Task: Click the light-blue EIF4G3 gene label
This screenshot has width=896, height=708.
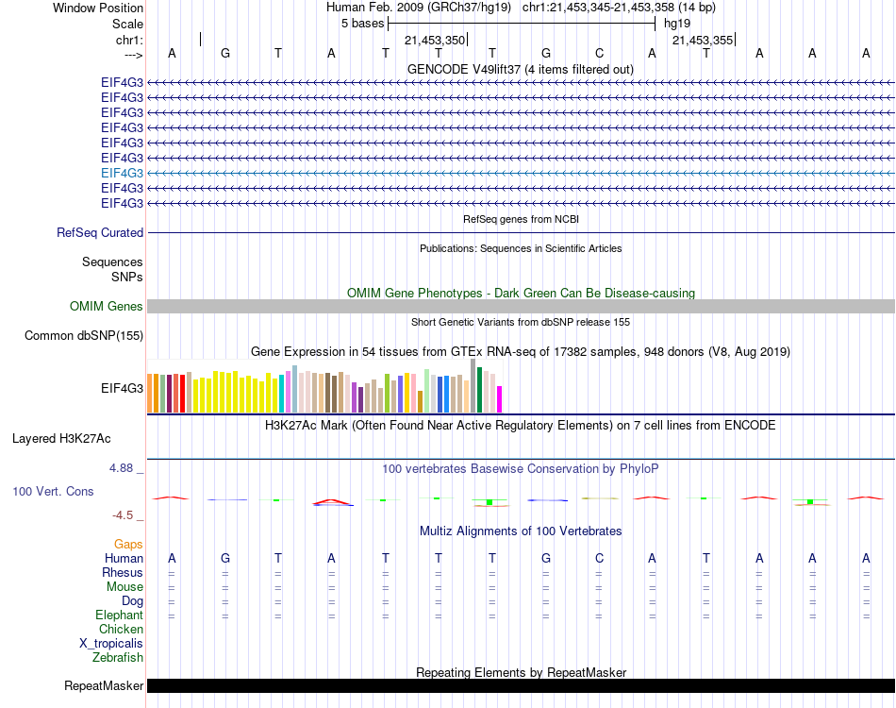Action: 122,173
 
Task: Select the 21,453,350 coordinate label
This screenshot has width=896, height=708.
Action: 435,41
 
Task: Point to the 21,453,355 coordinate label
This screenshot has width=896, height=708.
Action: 702,41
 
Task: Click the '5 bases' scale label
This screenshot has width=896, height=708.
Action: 362,24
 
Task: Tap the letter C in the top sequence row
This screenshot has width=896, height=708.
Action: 599,53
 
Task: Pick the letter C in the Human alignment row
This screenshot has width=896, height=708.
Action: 599,558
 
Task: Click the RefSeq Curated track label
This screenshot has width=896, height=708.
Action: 100,232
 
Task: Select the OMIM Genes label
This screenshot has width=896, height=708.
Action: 107,306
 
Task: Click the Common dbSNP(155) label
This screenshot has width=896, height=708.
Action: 84,335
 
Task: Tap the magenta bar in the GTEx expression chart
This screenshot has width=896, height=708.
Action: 500,399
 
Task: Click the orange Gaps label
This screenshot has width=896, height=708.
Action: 128,544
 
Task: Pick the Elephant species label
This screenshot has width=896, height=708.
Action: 120,615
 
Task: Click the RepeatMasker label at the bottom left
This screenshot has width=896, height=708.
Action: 104,685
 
